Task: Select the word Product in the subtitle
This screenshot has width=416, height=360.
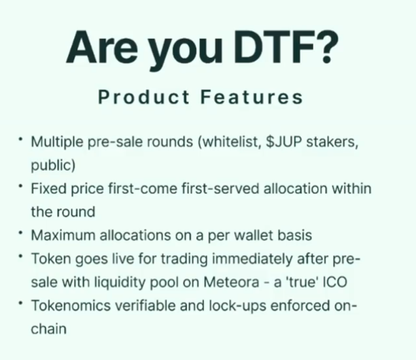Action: coord(139,98)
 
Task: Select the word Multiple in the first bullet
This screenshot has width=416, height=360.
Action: coord(54,141)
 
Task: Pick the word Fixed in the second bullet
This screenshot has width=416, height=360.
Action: coord(46,189)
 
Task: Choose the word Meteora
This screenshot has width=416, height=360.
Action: coord(237,282)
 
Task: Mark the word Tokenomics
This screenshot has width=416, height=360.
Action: coord(68,306)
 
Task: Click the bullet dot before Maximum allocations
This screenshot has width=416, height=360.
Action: coord(21,232)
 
